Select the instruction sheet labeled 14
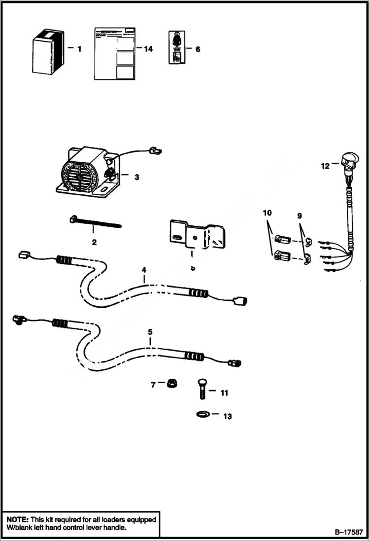[113, 53]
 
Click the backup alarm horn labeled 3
[86, 169]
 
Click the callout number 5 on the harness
[151, 332]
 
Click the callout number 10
[267, 213]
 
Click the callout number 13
[227, 416]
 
